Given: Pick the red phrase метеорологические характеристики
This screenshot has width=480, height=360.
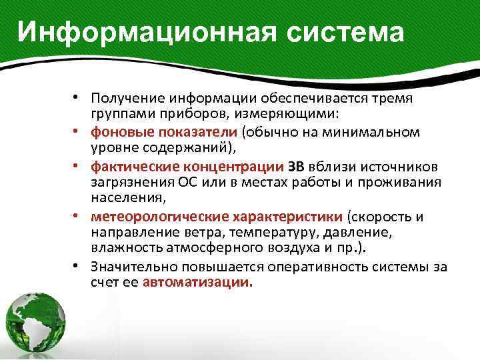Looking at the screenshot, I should (217, 217).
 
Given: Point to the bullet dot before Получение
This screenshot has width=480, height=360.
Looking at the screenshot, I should (79, 97).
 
